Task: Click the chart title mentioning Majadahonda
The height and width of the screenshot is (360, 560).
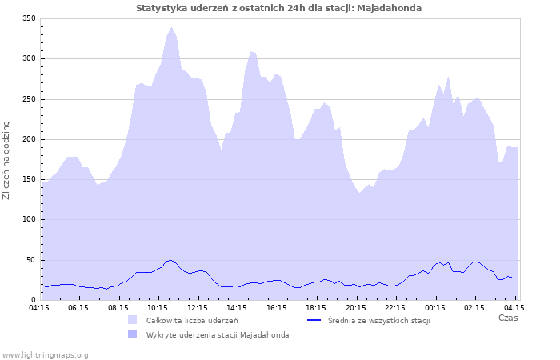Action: coord(279,8)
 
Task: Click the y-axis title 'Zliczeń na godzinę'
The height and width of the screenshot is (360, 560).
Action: coord(7,159)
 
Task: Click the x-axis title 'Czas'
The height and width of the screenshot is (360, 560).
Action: coord(507,318)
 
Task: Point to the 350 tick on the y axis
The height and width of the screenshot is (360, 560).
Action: coord(30,18)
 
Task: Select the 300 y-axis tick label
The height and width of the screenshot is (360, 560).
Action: coord(30,58)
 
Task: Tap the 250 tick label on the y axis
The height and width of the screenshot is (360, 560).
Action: coord(30,99)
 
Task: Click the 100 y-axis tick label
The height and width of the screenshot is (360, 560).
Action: coord(30,219)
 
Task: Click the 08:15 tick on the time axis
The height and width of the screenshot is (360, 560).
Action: coord(118,307)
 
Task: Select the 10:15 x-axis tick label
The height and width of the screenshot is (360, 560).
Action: coord(158,307)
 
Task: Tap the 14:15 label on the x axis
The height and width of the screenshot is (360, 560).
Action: coord(237,307)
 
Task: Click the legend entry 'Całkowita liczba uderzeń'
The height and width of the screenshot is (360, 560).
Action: coord(192,320)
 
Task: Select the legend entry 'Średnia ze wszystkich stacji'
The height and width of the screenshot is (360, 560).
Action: coord(378,320)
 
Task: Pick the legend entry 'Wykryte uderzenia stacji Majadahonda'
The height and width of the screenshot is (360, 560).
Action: coord(217,334)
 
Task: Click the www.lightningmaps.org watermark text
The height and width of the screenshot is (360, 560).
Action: coord(45,354)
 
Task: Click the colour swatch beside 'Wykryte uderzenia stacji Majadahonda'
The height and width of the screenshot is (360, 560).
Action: coord(132,334)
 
